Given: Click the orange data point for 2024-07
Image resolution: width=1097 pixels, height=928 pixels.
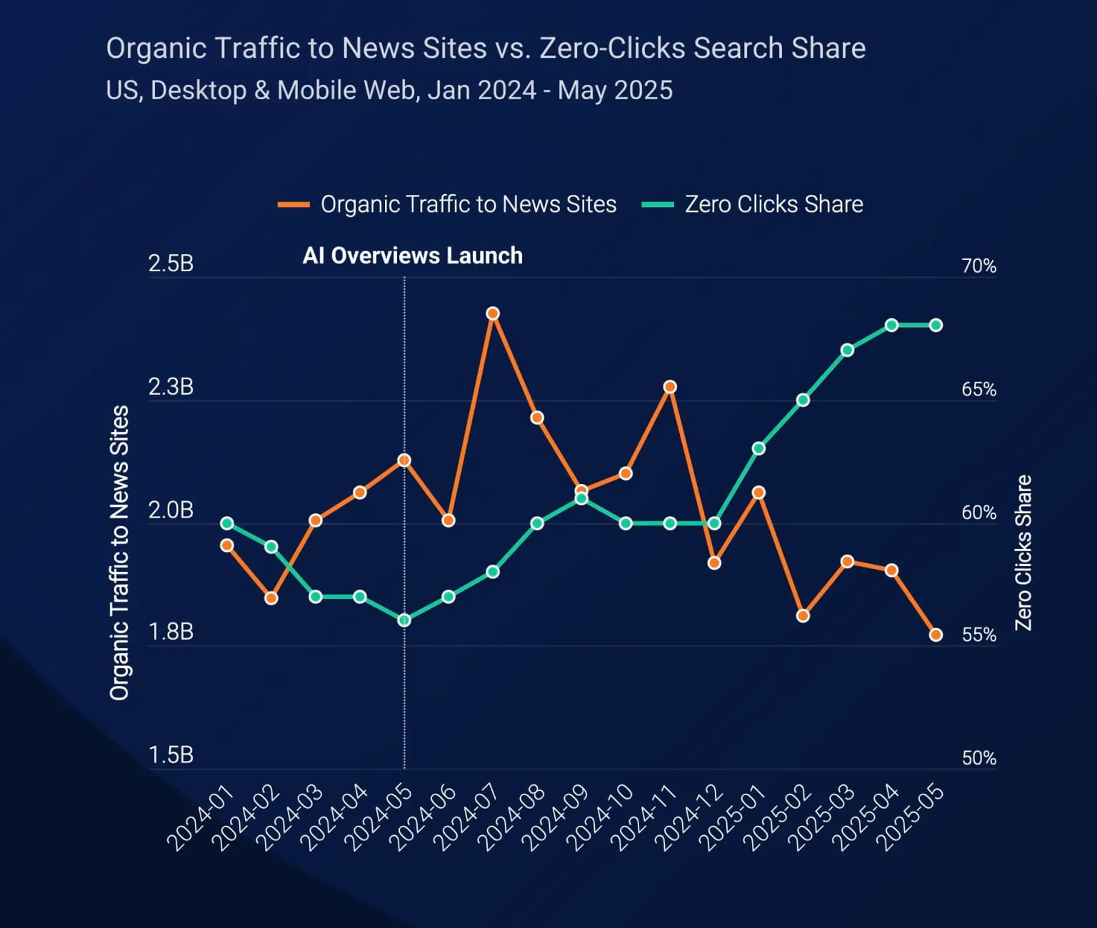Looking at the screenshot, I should point(493,313).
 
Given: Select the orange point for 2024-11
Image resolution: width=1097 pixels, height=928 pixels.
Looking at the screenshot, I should point(670,387).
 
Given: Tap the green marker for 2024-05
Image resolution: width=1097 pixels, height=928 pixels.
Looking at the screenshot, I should point(404,620).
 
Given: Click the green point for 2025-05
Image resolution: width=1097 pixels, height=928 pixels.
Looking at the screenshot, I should point(936,326).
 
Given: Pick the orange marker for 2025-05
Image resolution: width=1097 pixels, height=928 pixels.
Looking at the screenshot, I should point(936,635).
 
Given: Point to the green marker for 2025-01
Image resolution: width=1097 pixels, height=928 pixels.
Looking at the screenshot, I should point(758,448).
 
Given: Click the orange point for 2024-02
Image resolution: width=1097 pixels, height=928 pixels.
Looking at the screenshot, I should point(271,598).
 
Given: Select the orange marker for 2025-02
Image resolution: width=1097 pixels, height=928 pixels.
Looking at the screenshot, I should point(803,615).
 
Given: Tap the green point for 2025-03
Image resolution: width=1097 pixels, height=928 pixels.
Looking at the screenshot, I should point(847,350).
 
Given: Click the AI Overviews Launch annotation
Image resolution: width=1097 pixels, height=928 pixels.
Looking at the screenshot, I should point(413,256).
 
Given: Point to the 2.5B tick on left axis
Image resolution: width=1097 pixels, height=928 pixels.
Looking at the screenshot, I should point(171,264).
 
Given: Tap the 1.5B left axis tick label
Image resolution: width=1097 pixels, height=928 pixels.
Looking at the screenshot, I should point(171,755).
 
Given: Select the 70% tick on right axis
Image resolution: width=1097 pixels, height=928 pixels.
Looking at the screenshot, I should point(978,266).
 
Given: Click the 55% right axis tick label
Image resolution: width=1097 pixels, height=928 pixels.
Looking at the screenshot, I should point(978,635).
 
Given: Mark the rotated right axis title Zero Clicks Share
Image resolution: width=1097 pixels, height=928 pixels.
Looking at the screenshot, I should point(1023,553).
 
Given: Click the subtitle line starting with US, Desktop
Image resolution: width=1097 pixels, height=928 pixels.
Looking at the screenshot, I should point(389,91).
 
